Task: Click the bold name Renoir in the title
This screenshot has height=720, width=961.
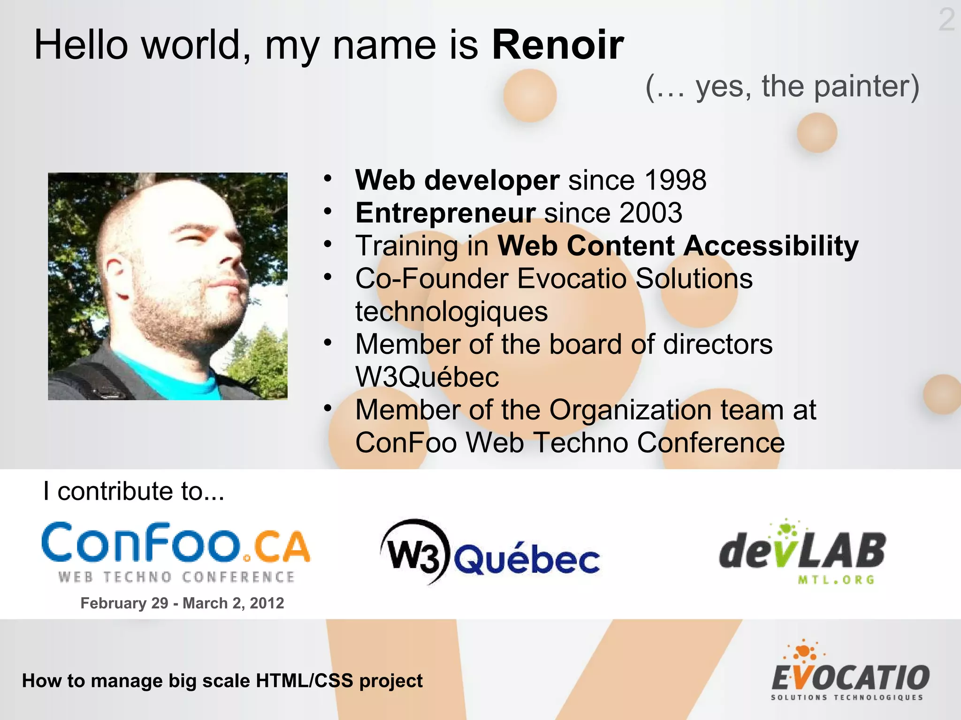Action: (x=557, y=45)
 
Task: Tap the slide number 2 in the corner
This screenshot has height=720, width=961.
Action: (x=946, y=20)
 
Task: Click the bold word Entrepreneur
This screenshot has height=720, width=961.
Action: (x=445, y=213)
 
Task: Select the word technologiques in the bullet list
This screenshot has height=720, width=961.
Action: (x=451, y=312)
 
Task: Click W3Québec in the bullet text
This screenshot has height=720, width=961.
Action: (x=427, y=377)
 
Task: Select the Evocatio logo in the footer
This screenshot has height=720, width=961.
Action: (x=850, y=672)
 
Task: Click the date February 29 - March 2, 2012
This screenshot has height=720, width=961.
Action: (x=182, y=603)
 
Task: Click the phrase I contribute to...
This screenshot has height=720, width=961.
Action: (x=134, y=491)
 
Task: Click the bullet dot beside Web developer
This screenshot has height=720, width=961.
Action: (x=328, y=179)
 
